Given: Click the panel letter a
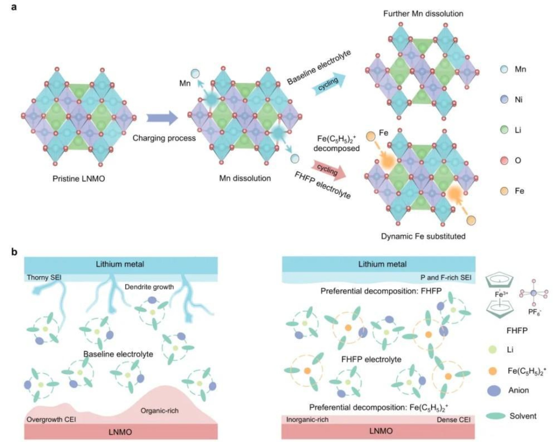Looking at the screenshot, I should click(x=14, y=7).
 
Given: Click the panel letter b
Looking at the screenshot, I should click(x=14, y=252).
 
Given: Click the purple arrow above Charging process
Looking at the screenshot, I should click(x=162, y=118).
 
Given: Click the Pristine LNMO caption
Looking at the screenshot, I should click(x=79, y=179).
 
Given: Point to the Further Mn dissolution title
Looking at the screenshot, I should click(x=423, y=14).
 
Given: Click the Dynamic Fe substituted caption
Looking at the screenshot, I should click(x=423, y=236).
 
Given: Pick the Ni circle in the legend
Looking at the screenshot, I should click(x=504, y=99).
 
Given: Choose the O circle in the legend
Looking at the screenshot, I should click(x=504, y=161).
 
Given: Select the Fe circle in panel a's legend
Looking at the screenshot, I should click(x=504, y=191).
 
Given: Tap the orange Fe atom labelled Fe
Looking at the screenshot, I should click(x=371, y=136).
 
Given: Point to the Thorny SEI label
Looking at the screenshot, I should click(x=44, y=277).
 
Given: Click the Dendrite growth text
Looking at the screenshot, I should click(x=149, y=287).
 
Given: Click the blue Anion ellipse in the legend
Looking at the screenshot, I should click(x=494, y=390).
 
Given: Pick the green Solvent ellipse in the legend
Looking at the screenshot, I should click(x=496, y=416).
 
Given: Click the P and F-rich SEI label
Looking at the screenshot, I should click(x=446, y=277).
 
